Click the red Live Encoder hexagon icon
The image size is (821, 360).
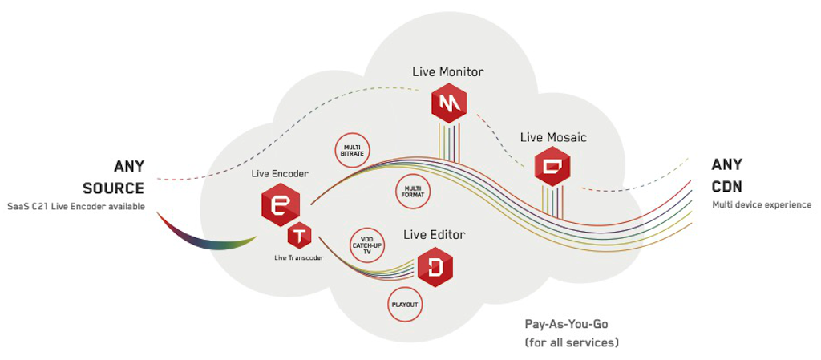point(280,204)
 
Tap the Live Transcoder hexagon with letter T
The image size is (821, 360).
point(300,237)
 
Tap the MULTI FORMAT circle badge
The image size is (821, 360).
point(410,191)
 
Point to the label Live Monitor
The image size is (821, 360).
point(447,71)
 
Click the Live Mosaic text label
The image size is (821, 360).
point(553,137)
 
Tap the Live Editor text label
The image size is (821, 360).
point(434,234)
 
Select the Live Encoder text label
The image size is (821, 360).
point(280,173)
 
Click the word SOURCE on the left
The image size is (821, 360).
point(113,188)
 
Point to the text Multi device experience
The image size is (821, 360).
point(762,205)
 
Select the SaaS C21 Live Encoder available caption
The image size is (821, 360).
point(76,207)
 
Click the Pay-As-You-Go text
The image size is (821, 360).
point(567,325)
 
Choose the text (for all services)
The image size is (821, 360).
point(572,342)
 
